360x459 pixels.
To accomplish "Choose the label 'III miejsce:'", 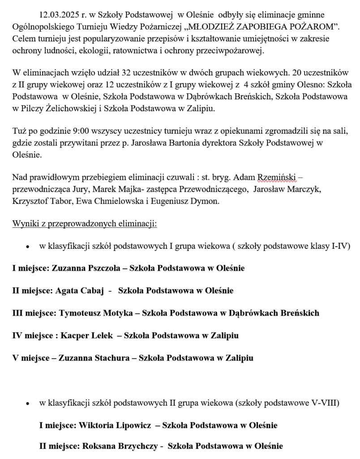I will (x=34, y=313).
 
